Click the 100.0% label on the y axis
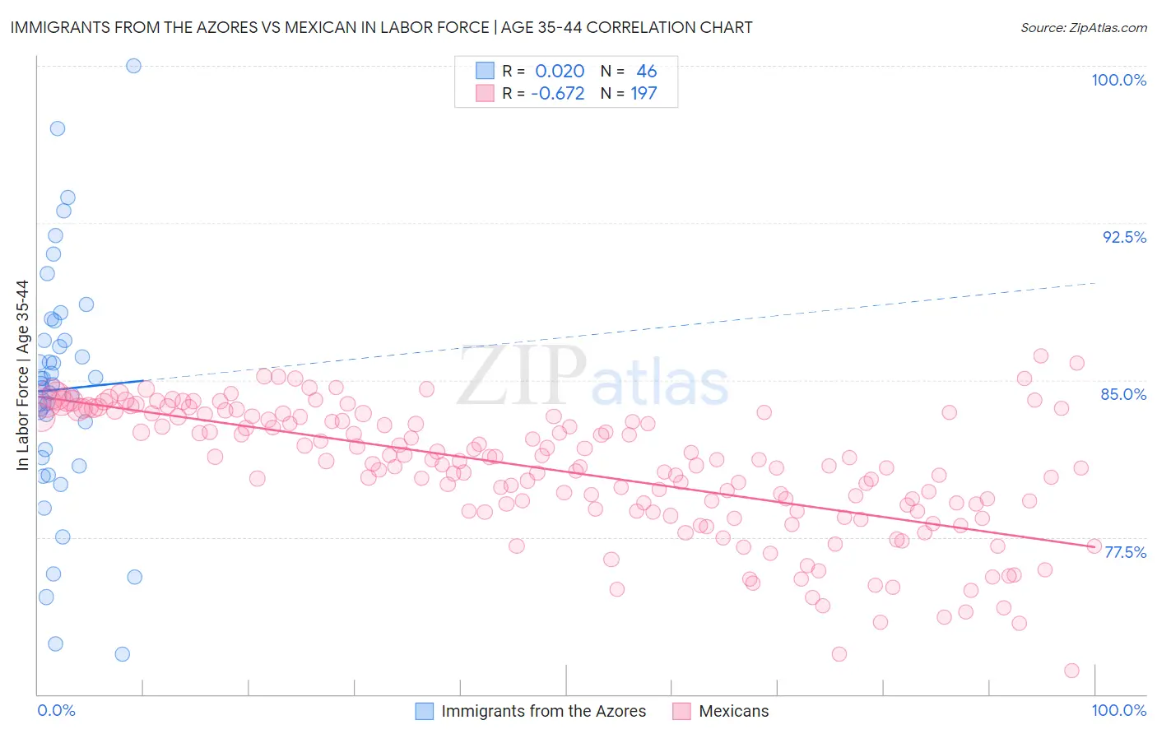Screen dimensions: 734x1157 click(x=1118, y=80)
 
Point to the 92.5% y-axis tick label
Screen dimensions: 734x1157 click(x=1124, y=237)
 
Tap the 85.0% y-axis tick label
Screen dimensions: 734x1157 click(x=1123, y=394)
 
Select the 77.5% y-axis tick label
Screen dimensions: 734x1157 click(x=1125, y=552)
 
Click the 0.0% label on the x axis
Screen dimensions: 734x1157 click(x=56, y=710)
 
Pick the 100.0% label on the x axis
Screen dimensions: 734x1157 click(x=1118, y=710)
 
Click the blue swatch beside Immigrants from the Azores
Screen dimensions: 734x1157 click(x=424, y=711)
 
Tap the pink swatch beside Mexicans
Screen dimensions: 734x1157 click(x=681, y=711)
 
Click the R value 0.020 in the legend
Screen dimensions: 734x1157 click(x=560, y=72)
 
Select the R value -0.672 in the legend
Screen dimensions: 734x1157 click(x=557, y=94)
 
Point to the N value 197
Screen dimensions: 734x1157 click(x=644, y=94)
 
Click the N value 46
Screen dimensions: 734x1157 click(x=646, y=72)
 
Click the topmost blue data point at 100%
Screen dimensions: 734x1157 click(x=133, y=66)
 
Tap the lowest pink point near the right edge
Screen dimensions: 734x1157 click(x=1071, y=671)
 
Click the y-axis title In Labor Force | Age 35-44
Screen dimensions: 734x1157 click(x=22, y=375)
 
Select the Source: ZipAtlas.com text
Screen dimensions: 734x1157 click(x=1083, y=28)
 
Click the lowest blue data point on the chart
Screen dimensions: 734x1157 click(x=122, y=654)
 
